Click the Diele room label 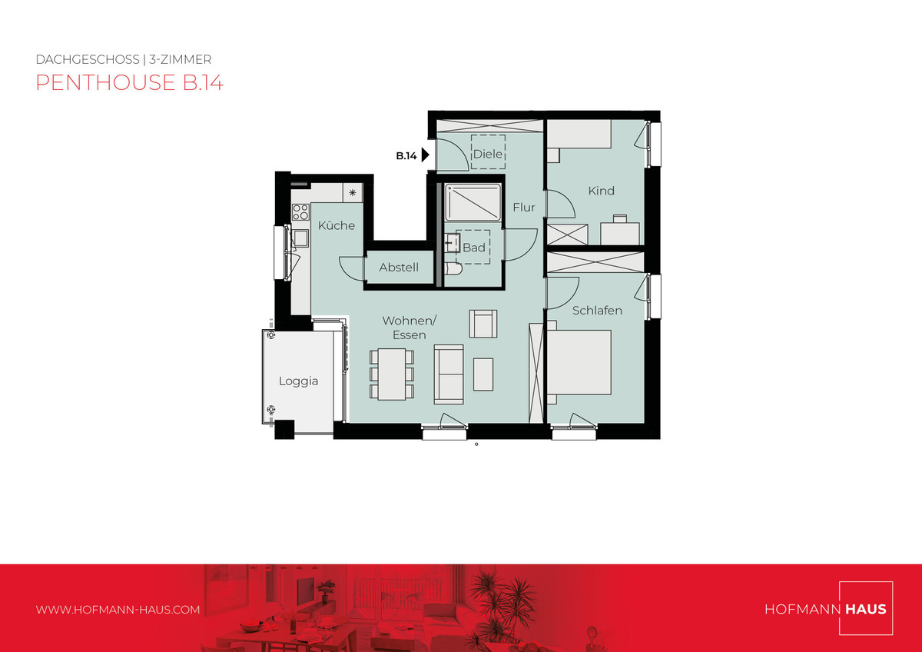click(x=488, y=154)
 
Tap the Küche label click(x=337, y=225)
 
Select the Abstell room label click(x=399, y=268)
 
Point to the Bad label click(x=474, y=248)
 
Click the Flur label click(x=524, y=207)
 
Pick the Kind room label click(x=602, y=191)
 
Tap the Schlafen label click(x=597, y=310)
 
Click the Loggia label click(x=298, y=381)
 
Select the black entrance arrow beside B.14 click(x=426, y=155)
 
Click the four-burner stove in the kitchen click(x=300, y=212)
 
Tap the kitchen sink click(x=300, y=238)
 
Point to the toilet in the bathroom click(x=453, y=268)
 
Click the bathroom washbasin click(x=453, y=243)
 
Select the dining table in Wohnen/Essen click(x=392, y=374)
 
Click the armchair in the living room click(x=483, y=324)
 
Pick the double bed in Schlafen click(x=579, y=362)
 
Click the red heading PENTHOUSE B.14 click(x=130, y=82)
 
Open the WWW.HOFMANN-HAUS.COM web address click(x=118, y=610)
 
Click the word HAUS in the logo click(x=866, y=609)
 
